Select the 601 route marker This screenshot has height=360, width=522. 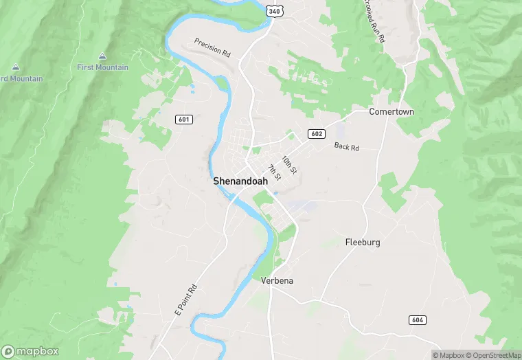[183, 119]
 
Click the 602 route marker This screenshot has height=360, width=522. [316, 133]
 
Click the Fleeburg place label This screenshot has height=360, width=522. [362, 243]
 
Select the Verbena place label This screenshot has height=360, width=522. [277, 280]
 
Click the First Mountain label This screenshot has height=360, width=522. [102, 67]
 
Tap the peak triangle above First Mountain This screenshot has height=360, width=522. [102, 56]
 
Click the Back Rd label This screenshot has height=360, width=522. [346, 146]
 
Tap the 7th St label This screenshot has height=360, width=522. [274, 172]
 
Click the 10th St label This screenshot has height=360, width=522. [289, 165]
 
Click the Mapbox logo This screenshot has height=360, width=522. [30, 351]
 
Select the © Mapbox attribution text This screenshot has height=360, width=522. [448, 355]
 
